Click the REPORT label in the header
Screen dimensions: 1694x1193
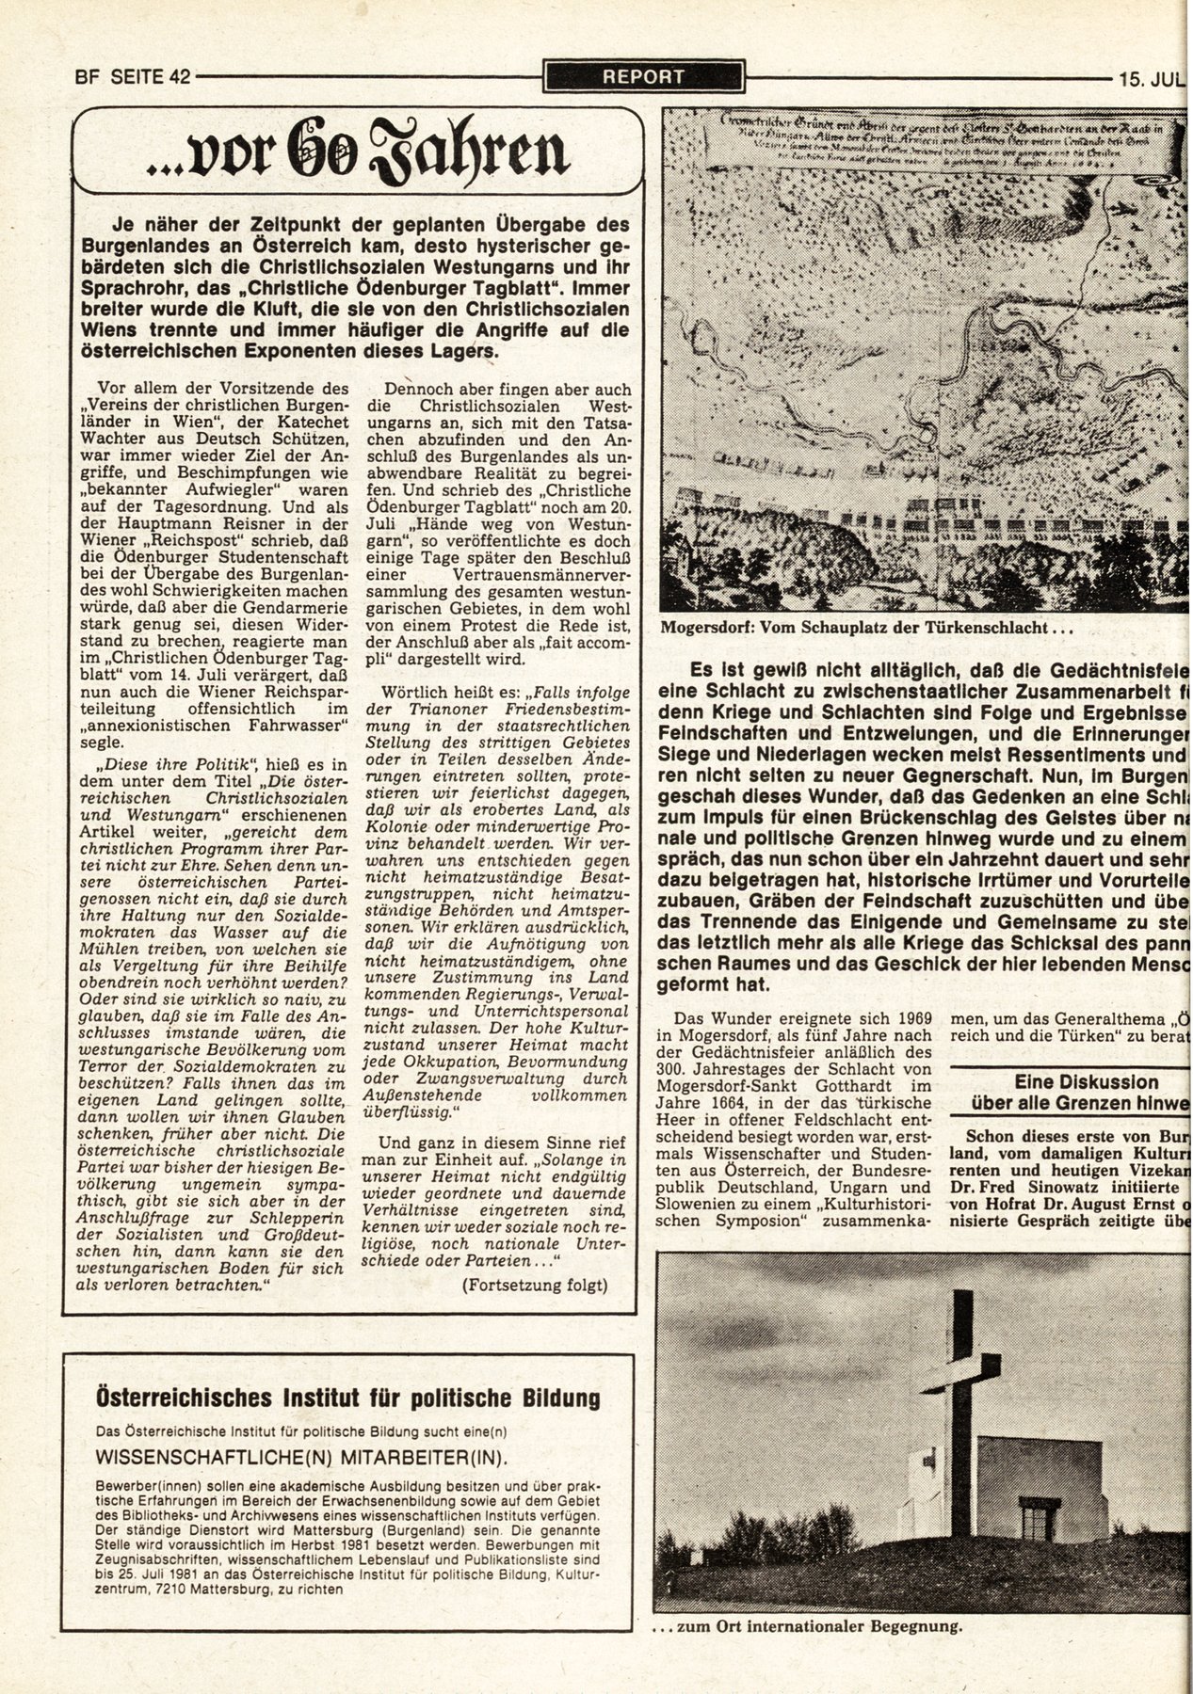pyautogui.click(x=643, y=76)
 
